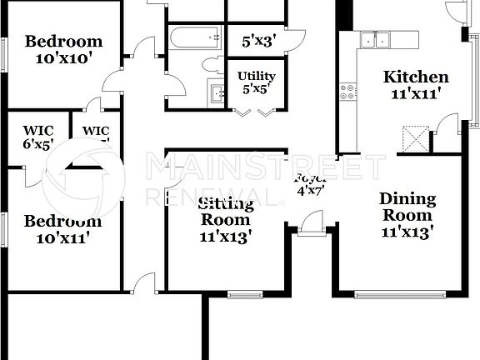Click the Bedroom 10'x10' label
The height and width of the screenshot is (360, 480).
click(x=63, y=49)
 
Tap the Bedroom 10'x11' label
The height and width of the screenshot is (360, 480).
click(x=62, y=228)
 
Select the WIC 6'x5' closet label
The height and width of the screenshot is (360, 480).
click(x=37, y=137)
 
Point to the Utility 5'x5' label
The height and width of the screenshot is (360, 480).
click(x=256, y=82)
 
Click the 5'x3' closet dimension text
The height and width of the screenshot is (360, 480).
click(x=258, y=40)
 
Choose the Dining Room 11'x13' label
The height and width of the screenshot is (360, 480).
click(x=407, y=215)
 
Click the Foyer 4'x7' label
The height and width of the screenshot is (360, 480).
click(x=309, y=184)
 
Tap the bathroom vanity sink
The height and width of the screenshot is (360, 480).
click(x=217, y=93)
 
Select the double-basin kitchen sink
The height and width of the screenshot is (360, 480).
click(x=376, y=39)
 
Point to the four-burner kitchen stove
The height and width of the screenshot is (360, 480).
click(x=347, y=91)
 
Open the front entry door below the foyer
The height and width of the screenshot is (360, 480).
click(x=312, y=223)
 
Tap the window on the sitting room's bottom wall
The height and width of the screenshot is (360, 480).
click(x=245, y=293)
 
